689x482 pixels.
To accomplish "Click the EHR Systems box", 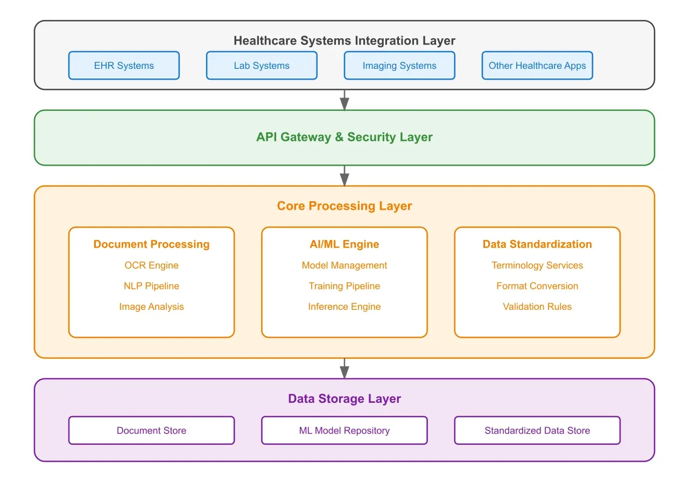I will coord(124,66).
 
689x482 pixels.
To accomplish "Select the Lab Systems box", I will coord(262,66).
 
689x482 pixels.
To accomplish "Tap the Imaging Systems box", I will coord(399,66).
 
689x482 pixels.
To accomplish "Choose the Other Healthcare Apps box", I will coord(537,66).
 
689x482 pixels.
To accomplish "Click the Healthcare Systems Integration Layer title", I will coord(344,41).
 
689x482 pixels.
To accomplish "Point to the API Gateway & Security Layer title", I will coord(344,137).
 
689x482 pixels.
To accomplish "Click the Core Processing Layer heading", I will coord(344,206).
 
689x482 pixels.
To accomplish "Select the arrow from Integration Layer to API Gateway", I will coord(344,100).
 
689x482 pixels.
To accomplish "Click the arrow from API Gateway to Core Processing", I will coord(344,176).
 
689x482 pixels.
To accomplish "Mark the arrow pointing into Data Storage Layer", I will coord(344,368).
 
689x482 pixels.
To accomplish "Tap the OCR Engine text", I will coord(151,265).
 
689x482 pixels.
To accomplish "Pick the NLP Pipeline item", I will coord(151,286).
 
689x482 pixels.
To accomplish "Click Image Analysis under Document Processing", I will coord(151,307).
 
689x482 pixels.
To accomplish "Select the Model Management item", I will coord(344,265).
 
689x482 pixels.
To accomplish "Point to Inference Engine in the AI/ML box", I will coord(344,307).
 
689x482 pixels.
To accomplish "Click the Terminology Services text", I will coord(537,265).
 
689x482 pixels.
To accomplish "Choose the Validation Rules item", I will coord(537,307).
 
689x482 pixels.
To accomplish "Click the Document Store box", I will coord(151,430).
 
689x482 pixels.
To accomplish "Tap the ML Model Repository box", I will coord(344,430).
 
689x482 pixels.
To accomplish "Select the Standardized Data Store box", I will coord(537,430).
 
